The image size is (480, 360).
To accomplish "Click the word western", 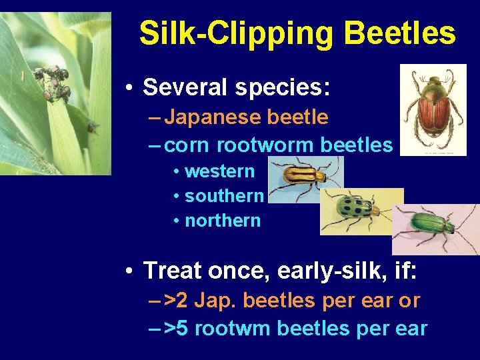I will click(219, 171).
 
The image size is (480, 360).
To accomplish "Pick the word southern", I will click(224, 196).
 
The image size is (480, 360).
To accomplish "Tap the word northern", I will click(223, 220).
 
